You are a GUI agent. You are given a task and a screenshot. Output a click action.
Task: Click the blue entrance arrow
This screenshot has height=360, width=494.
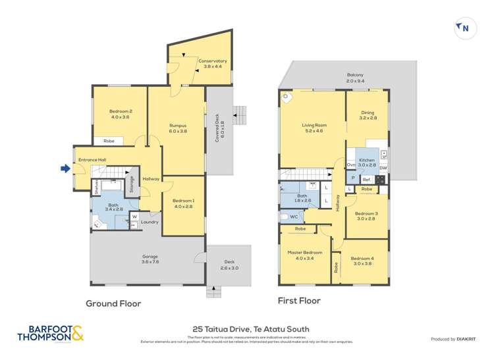tap(65, 168)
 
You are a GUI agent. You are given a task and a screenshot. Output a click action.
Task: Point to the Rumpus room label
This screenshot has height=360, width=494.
tap(178, 128)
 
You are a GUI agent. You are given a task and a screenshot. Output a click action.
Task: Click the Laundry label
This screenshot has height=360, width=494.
tap(150, 222)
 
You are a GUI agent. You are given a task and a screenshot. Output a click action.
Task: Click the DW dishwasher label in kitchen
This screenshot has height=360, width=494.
tap(383, 168)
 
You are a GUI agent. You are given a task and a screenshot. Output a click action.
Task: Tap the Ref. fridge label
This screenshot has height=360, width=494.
tap(366, 179)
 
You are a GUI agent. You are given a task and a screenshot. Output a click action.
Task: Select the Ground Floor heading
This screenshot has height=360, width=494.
tap(113, 303)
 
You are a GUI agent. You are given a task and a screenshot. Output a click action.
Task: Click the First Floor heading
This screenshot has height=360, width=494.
tap(300, 301)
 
